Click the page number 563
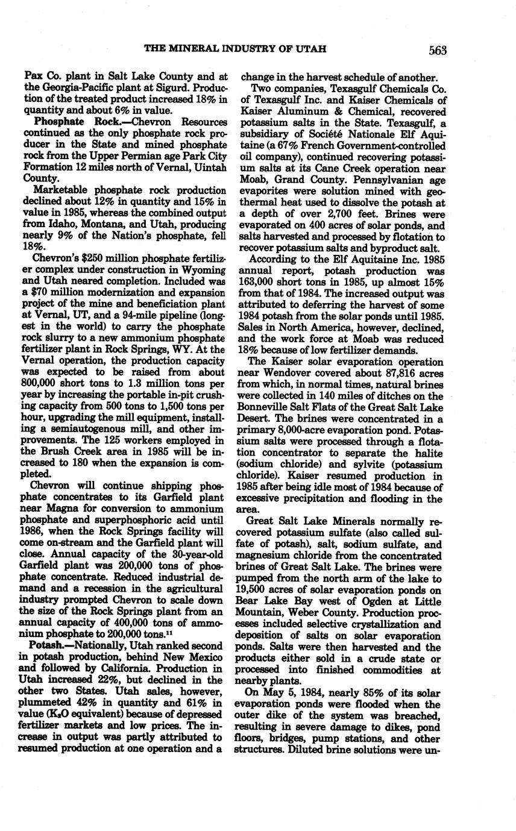438,51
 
